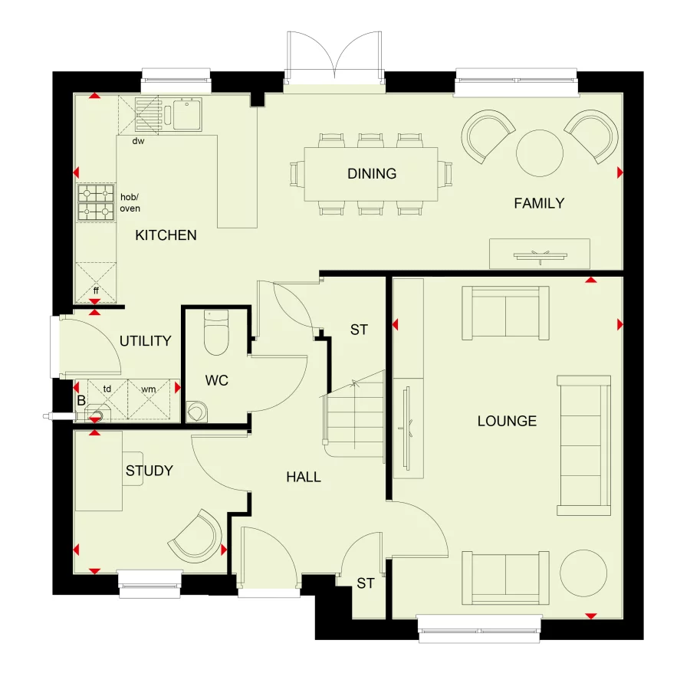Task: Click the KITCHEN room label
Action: coord(166,235)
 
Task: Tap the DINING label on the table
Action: coord(372,173)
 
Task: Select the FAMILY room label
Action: coord(539,203)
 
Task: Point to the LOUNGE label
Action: coord(507,421)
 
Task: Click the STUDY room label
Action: coord(149,471)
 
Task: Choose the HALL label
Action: coord(304,477)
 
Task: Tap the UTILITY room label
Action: coord(145,341)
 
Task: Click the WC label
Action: coord(216,380)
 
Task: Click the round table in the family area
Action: coord(540,152)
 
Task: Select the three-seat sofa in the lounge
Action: coord(584,445)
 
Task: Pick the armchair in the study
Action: coord(196,533)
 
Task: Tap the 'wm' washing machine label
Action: coord(148,389)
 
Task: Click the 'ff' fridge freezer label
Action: coord(96,291)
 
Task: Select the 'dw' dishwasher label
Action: coord(138,141)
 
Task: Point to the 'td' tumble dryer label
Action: coord(107,389)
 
